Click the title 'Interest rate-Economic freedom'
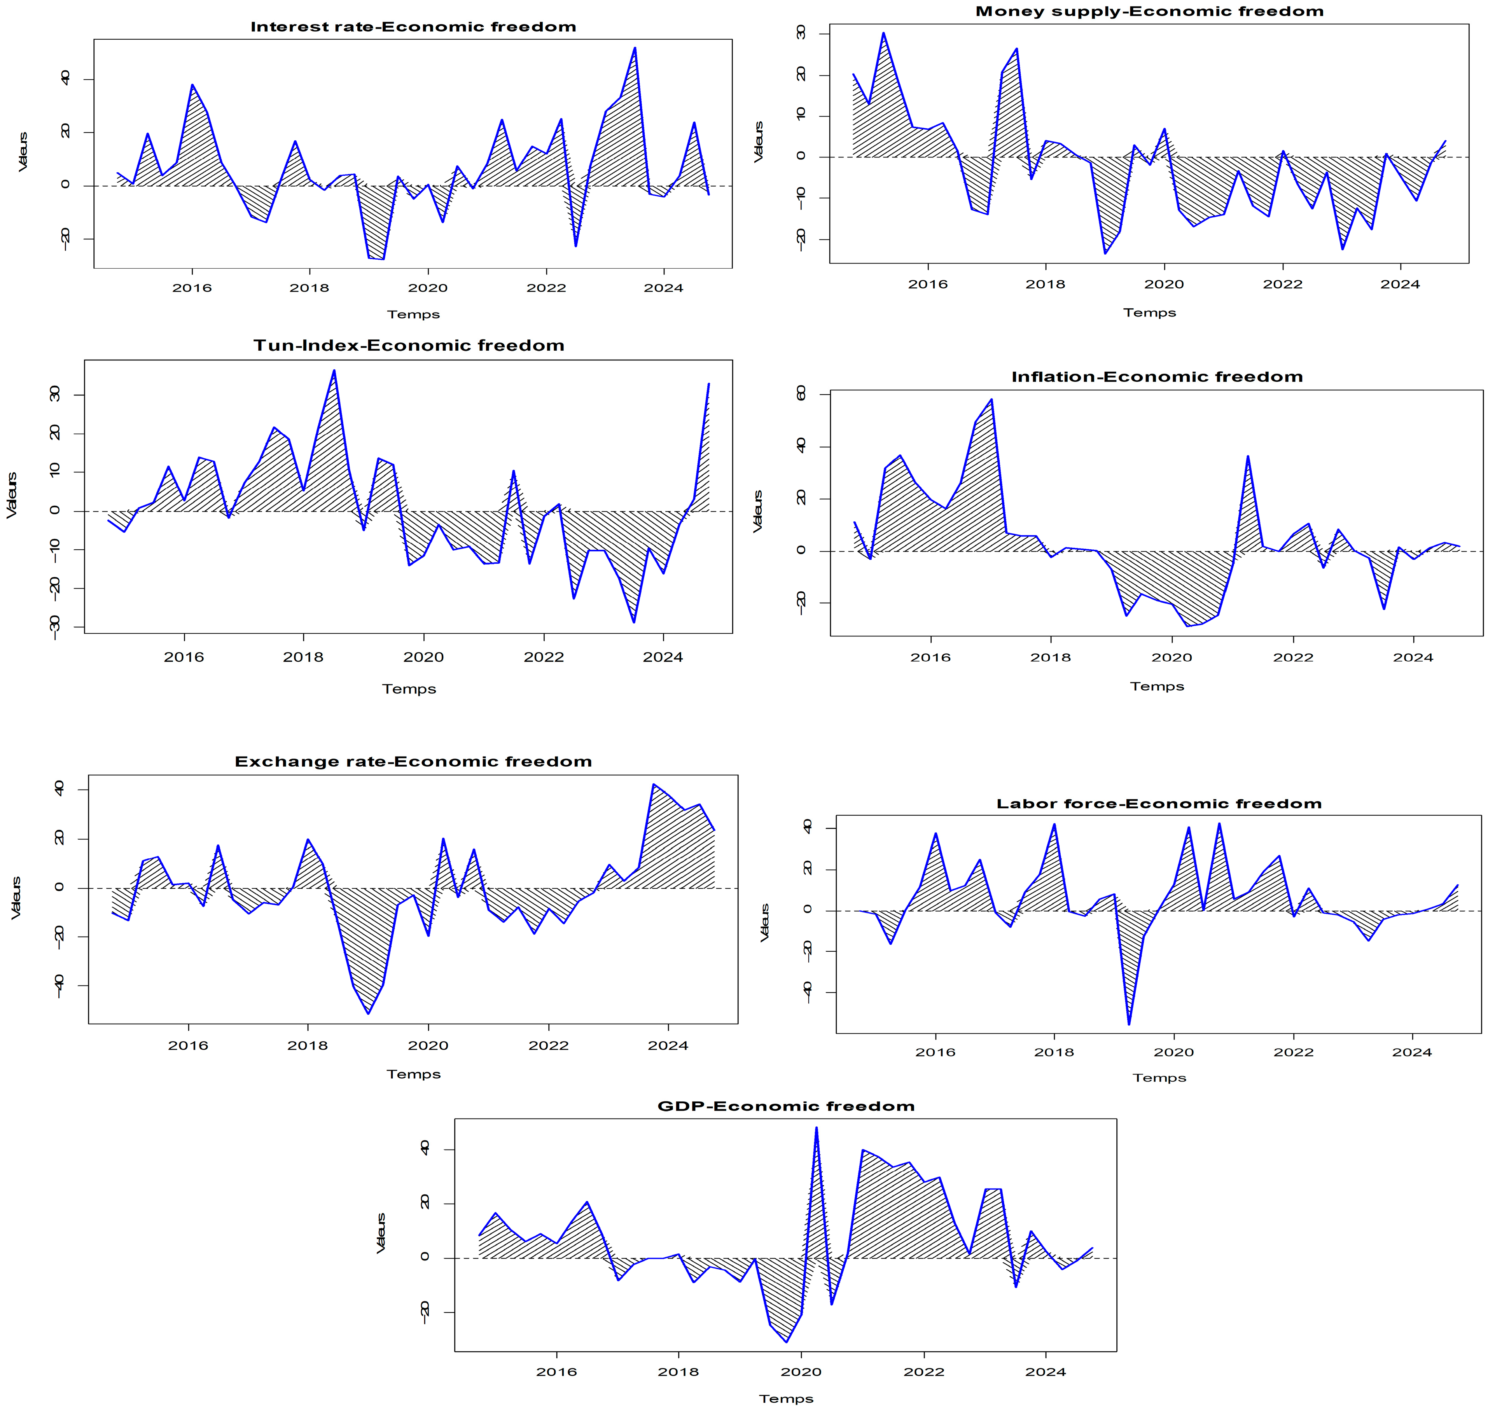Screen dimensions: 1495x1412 [x=413, y=27]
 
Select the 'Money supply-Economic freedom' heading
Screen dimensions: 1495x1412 [x=1149, y=11]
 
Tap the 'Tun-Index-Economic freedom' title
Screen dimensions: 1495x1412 [x=409, y=346]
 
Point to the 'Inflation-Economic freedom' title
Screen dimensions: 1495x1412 [x=1157, y=377]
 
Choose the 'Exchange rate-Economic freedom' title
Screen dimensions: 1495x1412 [x=413, y=762]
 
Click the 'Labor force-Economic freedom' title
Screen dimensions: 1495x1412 [x=1159, y=804]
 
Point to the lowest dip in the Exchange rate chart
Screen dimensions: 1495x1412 [x=368, y=1013]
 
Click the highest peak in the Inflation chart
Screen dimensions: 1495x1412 [x=991, y=400]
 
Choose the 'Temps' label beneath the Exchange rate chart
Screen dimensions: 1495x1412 [x=413, y=1074]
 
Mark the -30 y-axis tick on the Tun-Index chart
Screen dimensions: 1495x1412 [x=54, y=627]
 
